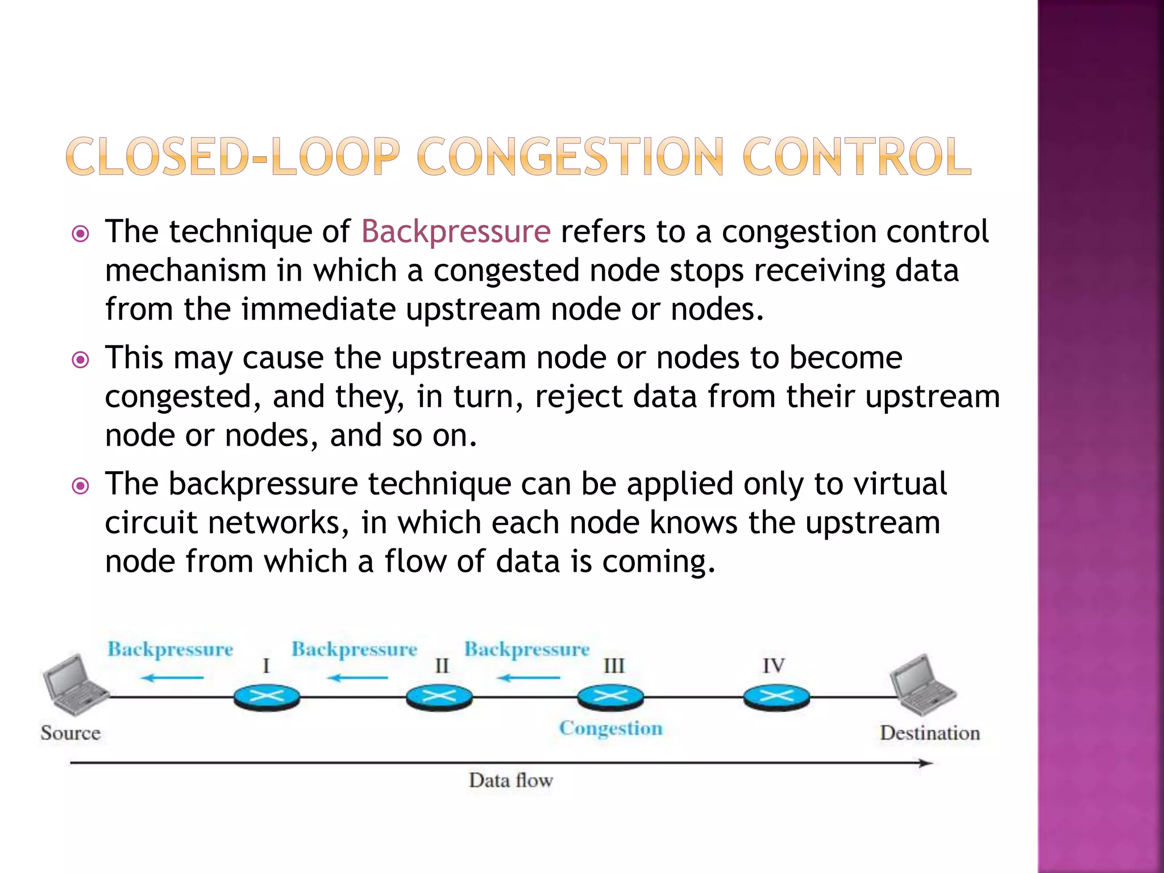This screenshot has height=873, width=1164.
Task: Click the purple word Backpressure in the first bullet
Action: click(456, 232)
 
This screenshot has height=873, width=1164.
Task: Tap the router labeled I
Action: click(267, 697)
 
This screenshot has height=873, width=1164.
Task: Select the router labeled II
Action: click(439, 697)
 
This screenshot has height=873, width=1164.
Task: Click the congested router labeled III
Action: click(610, 697)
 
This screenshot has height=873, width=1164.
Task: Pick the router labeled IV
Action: click(776, 697)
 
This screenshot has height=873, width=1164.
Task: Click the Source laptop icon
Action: click(74, 685)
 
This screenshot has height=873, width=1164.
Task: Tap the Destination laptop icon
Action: click(923, 685)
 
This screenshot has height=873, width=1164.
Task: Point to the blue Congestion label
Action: click(610, 729)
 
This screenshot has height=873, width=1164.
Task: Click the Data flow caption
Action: click(510, 780)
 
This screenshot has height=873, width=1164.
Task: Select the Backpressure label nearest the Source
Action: click(171, 650)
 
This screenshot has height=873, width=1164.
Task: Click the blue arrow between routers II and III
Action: click(528, 677)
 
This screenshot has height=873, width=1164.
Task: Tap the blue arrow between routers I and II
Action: click(357, 677)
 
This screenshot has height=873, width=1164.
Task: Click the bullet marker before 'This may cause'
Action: click(81, 360)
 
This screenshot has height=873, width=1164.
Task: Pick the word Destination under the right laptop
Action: click(930, 733)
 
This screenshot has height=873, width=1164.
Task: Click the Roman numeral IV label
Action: click(774, 666)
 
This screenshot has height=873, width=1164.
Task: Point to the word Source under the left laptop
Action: click(70, 733)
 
